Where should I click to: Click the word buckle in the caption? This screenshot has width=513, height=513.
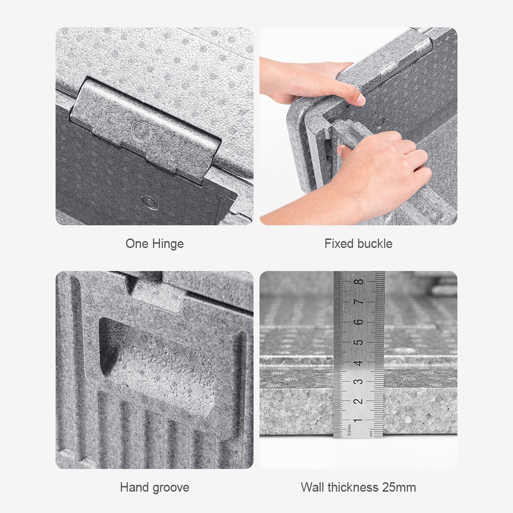click(375, 244)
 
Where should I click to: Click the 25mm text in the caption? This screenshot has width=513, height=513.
click(399, 487)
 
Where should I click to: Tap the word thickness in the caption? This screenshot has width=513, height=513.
click(353, 487)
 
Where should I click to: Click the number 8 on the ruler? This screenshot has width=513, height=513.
click(359, 281)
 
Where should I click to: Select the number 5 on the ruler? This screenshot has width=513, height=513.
click(359, 342)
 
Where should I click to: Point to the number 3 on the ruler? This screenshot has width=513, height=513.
click(359, 381)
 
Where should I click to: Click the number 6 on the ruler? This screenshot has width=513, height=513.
click(359, 322)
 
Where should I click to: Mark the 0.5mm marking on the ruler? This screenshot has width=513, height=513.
click(349, 430)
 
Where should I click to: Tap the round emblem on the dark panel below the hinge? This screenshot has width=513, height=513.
click(150, 202)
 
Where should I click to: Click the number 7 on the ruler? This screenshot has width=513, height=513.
click(359, 302)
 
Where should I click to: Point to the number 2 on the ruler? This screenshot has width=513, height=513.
click(359, 401)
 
